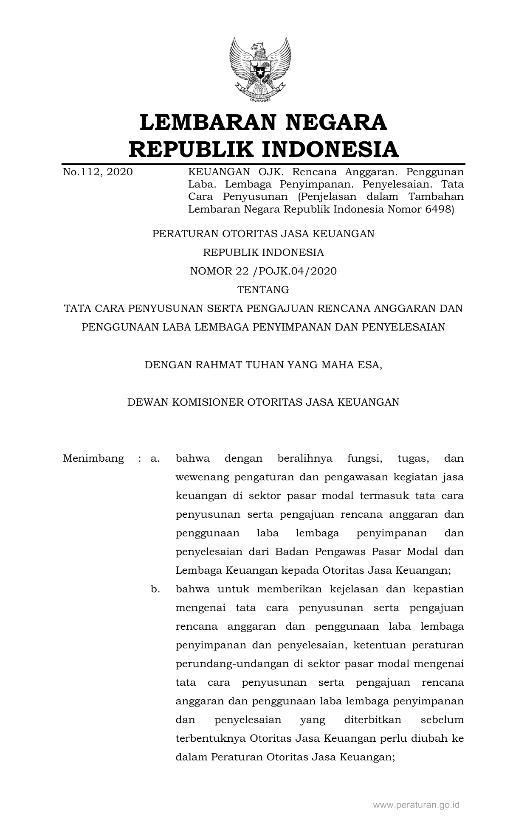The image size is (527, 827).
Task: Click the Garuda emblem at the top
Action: click(x=260, y=70)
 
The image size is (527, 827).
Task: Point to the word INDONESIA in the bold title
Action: click(x=330, y=149)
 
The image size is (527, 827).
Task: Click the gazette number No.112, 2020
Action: click(x=98, y=172)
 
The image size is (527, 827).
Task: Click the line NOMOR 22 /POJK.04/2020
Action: click(x=263, y=271)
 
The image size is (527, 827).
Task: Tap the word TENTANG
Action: click(x=263, y=290)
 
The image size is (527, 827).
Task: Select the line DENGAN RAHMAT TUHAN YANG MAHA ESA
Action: click(x=263, y=364)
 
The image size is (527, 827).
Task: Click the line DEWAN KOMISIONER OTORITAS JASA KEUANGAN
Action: click(x=263, y=402)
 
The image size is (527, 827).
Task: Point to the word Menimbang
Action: click(x=93, y=459)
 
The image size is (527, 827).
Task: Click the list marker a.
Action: click(x=155, y=459)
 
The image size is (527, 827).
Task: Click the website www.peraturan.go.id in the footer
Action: click(x=416, y=805)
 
